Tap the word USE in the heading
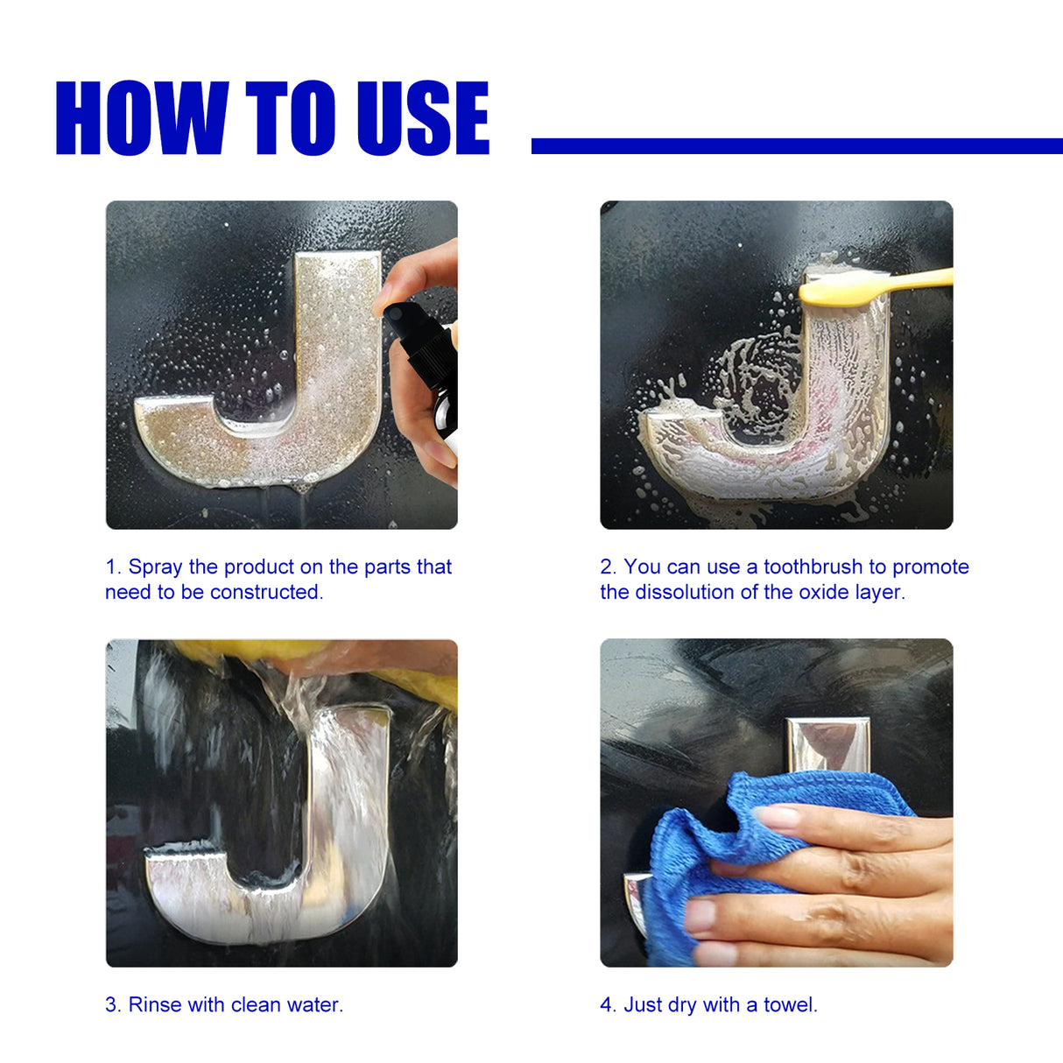tap(422, 118)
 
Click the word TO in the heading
tap(290, 118)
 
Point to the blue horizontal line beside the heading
tap(796, 146)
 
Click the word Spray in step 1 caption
tap(155, 567)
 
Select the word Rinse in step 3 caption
tap(155, 1005)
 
